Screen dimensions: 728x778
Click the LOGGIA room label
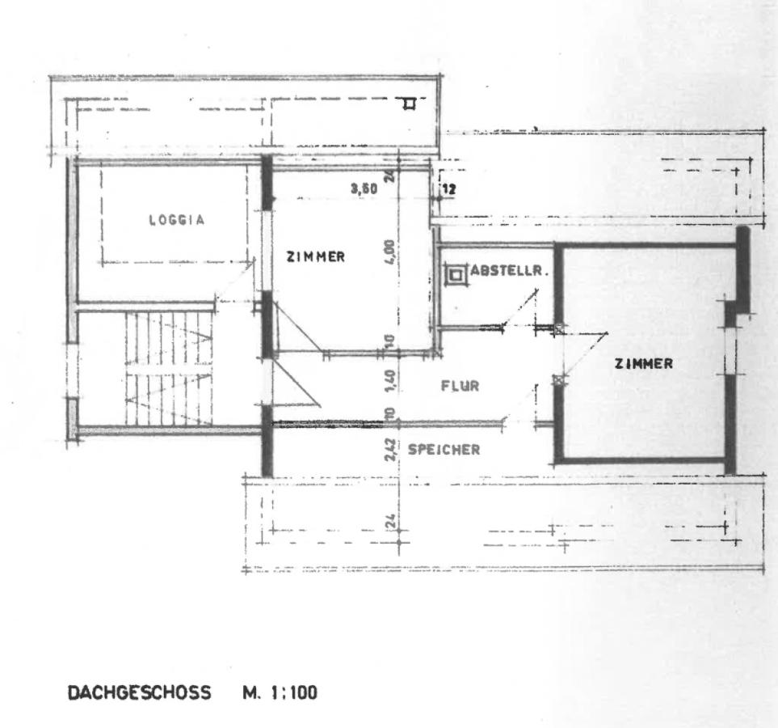pyautogui.click(x=177, y=219)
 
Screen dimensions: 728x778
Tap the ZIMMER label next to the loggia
pyautogui.click(x=316, y=256)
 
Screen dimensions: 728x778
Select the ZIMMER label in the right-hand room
pyautogui.click(x=643, y=364)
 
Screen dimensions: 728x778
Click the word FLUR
pyautogui.click(x=460, y=386)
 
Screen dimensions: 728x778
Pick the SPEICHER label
pyautogui.click(x=444, y=450)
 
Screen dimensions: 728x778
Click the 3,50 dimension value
pyautogui.click(x=364, y=188)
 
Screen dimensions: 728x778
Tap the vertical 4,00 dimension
pyautogui.click(x=389, y=253)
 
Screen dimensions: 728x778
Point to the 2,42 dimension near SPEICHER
pyautogui.click(x=389, y=450)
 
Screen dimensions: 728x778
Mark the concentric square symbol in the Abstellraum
pyautogui.click(x=456, y=275)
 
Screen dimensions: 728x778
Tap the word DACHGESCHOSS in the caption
pyautogui.click(x=139, y=692)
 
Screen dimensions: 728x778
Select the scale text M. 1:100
pyautogui.click(x=279, y=692)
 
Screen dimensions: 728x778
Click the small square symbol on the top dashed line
pyautogui.click(x=410, y=103)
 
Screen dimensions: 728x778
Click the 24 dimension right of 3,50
pyautogui.click(x=389, y=173)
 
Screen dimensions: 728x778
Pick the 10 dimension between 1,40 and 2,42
pyautogui.click(x=389, y=414)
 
